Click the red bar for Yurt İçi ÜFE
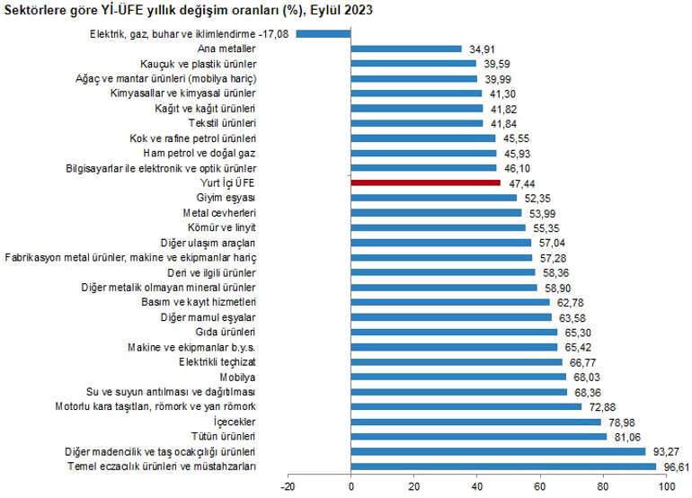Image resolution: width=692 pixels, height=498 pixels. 425,182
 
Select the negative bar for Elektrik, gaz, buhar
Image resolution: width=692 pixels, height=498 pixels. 324,34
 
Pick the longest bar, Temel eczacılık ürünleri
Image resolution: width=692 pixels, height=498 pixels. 503,466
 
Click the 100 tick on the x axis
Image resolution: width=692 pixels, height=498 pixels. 666,487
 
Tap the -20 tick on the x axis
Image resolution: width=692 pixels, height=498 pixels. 287,487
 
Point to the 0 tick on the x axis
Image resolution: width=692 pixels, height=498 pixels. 350,487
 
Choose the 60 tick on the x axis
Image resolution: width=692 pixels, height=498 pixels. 540,487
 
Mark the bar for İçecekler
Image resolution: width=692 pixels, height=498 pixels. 475,421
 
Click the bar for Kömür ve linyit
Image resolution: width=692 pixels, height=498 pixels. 438,227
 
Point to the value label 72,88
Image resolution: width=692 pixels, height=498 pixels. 602,406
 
